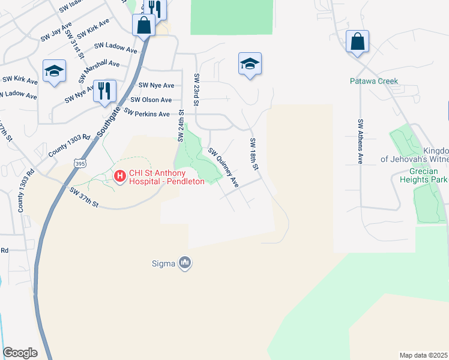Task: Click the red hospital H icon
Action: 119,176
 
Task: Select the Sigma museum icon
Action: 185,263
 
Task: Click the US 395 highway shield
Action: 79,163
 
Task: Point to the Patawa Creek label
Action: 374,81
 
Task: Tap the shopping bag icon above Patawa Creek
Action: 357,42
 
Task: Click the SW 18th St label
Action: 253,154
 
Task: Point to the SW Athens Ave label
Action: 361,142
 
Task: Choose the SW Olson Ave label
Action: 151,100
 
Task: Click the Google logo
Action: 20,353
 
